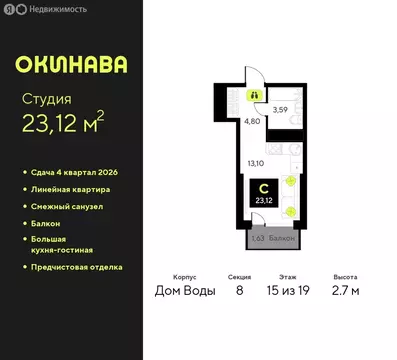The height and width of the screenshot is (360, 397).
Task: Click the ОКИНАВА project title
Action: coord(72,64)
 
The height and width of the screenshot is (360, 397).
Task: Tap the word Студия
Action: coord(47,98)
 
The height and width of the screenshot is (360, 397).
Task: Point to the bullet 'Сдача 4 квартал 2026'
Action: coord(75,173)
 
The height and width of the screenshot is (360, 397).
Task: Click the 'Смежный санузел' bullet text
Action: coord(65,206)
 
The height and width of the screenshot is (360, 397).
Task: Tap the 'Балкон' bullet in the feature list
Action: coord(45,223)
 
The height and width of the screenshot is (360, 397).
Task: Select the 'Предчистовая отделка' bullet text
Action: coord(76,267)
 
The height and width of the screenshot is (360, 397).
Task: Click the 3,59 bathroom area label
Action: coord(282,108)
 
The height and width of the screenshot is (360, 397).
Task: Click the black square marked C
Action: coord(263,190)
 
